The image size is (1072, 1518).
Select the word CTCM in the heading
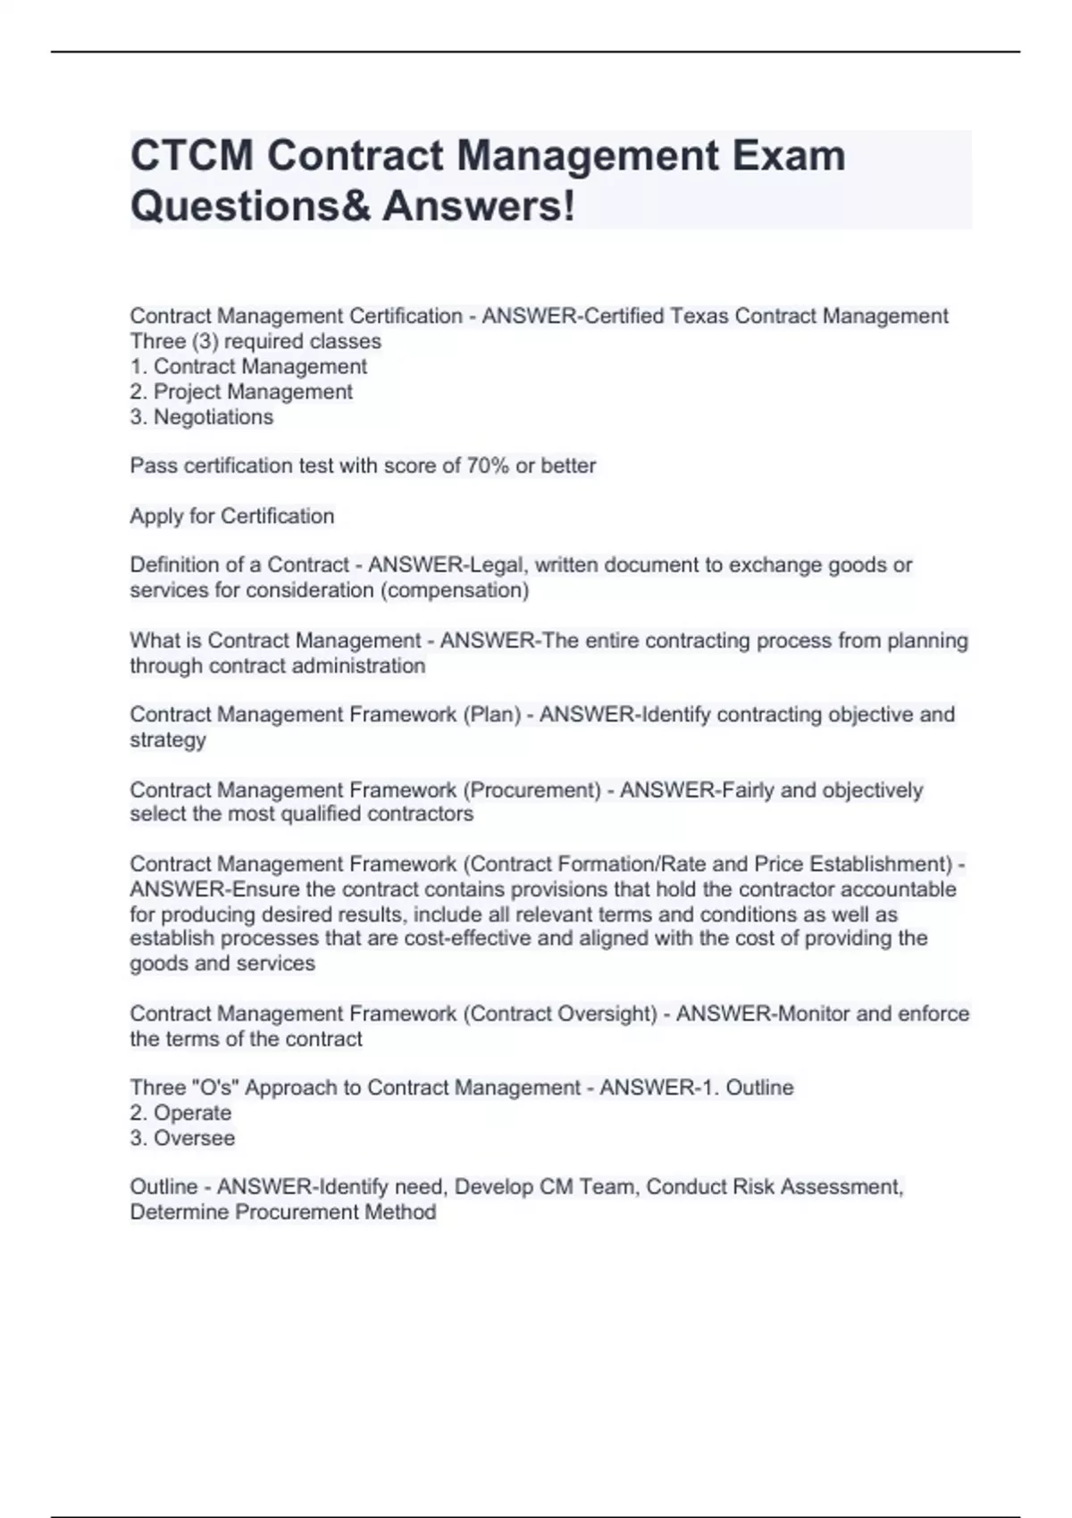click(191, 156)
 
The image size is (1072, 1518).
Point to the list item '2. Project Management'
click(241, 392)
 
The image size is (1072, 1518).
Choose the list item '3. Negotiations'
click(202, 417)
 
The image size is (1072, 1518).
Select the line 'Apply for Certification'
click(232, 516)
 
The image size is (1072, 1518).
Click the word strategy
click(168, 740)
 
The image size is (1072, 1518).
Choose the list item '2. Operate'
click(180, 1113)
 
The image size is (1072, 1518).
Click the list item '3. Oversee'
click(182, 1138)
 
